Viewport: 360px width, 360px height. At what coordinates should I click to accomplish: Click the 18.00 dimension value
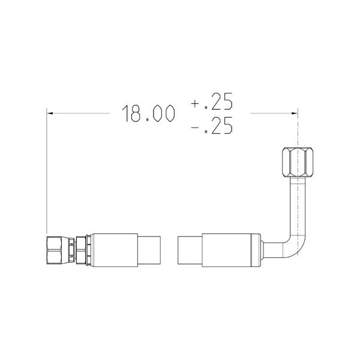coord(148,113)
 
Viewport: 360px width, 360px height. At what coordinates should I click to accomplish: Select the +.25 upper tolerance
coord(212,101)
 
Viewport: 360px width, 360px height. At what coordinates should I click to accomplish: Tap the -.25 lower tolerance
coord(212,125)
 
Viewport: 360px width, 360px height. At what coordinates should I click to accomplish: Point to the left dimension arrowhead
coord(50,113)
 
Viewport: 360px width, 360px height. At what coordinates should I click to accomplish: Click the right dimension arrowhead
coord(295,113)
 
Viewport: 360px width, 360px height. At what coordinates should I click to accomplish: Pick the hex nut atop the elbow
coord(298,163)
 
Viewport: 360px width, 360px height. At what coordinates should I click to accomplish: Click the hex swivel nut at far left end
coord(55,250)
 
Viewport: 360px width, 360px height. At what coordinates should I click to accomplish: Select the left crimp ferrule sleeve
coord(114,250)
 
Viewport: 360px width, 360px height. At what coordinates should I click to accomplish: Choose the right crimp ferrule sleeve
coord(231,250)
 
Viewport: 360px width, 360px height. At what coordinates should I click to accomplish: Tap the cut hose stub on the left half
coord(149,250)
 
